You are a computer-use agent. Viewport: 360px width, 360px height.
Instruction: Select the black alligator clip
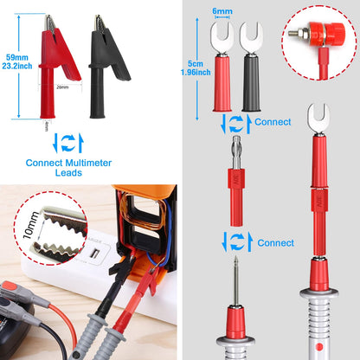(x=106, y=65)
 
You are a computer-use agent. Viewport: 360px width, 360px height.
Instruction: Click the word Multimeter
(x=96, y=161)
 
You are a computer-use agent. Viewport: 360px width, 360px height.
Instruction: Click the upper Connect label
(x=273, y=122)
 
